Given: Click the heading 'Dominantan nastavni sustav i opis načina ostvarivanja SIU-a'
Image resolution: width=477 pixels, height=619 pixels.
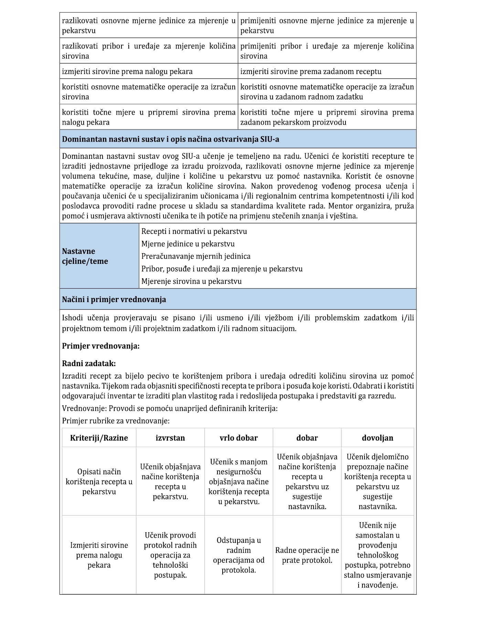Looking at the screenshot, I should coord(170,140).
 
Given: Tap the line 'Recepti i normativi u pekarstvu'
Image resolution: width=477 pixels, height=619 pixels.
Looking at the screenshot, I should coord(194,231).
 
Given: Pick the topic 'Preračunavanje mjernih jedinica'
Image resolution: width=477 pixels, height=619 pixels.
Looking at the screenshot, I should coord(196,256).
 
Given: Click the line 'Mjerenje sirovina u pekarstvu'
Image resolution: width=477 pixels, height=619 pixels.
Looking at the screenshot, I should coord(191,281).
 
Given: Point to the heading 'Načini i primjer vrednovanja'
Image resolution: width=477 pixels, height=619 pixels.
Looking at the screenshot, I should coord(114,300).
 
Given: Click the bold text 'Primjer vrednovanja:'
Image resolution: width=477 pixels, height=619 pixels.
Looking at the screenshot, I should coord(101,346).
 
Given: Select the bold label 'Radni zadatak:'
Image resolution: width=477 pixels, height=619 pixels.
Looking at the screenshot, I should coord(89,364).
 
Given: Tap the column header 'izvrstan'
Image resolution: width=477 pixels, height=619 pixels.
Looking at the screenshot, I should coord(170,438).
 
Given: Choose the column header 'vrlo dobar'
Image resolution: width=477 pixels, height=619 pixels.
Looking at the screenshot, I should coord(238,438).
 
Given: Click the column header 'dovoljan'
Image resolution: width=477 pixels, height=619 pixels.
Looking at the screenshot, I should coord(378,438).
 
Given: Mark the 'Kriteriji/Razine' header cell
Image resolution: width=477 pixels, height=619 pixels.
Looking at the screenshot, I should coord(99,438).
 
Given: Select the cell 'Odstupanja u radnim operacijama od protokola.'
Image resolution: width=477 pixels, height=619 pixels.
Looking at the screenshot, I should coord(238,555).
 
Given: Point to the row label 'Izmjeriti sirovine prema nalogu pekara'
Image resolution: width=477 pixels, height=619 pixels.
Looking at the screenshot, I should coord(99,555).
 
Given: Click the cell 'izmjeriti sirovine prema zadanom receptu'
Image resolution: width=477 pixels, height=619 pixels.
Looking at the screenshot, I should coord(311,72).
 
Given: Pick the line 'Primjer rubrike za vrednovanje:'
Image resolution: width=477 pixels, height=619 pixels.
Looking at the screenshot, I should coord(116,421).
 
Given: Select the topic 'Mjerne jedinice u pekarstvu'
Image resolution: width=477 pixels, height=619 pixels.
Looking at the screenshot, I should coord(188,244).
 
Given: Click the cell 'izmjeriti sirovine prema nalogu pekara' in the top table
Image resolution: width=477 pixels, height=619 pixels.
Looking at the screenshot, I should coord(127,72).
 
